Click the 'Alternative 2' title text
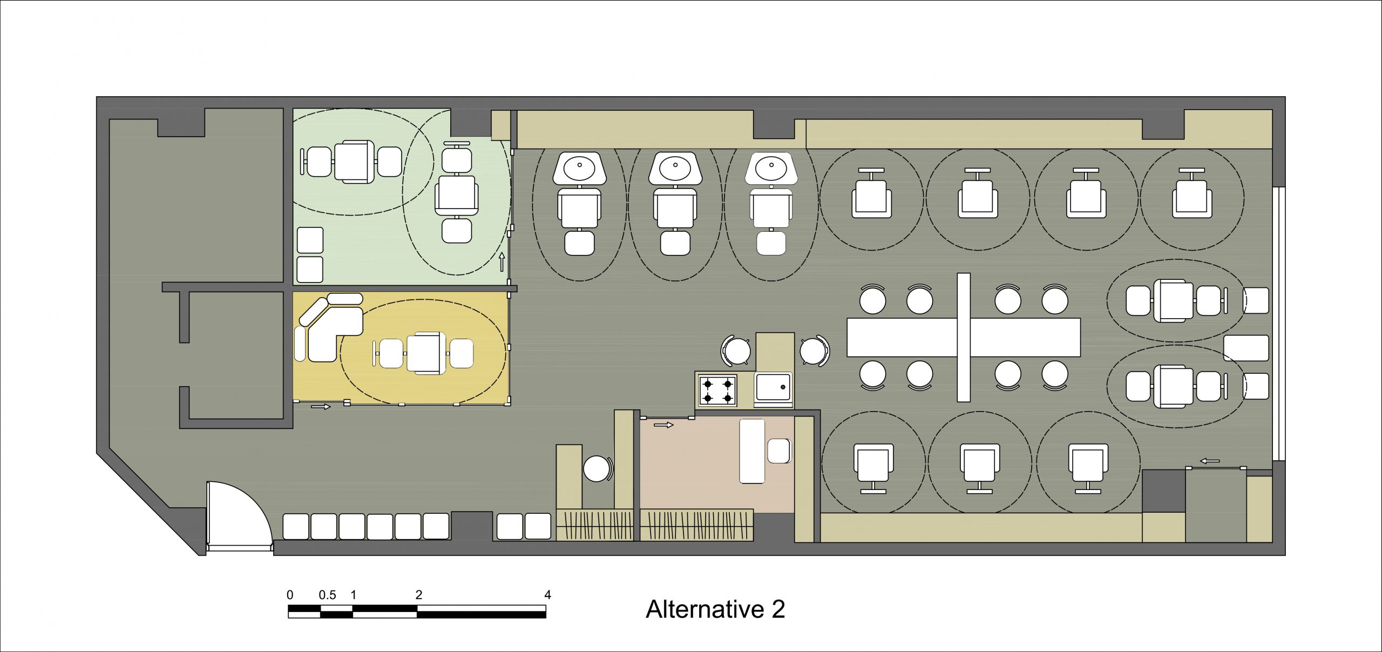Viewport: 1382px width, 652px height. pos(715,609)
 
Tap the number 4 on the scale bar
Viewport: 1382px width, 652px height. pos(547,595)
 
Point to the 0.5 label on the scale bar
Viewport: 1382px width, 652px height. pos(327,595)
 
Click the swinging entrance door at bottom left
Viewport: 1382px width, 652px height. pos(238,516)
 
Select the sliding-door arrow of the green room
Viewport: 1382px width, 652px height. pos(502,261)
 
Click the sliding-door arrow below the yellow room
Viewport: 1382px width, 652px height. pos(321,406)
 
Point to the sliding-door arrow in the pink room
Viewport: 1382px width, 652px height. pos(663,425)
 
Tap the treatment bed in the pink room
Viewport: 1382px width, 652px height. pos(752,451)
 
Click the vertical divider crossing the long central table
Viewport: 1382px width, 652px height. pos(963,338)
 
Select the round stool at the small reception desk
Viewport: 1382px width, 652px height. pos(596,468)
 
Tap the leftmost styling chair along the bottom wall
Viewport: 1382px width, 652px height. pos(872,465)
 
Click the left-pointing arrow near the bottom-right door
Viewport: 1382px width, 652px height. pos(1210,461)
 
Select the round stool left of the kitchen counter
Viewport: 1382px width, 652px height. pos(736,352)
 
